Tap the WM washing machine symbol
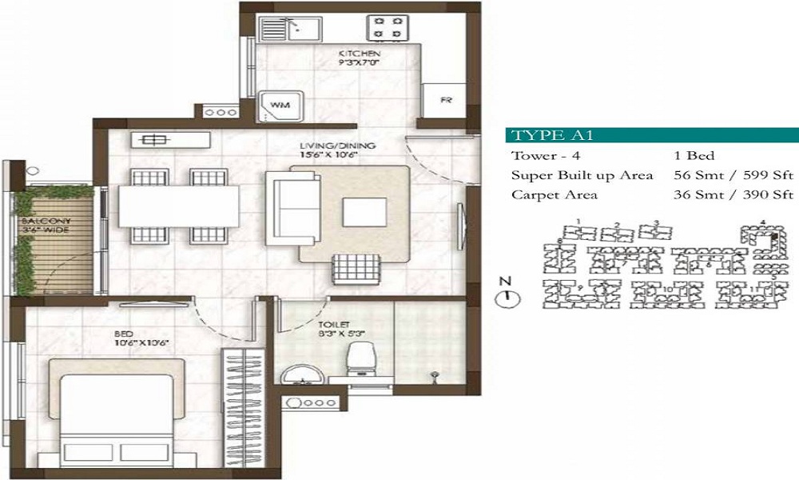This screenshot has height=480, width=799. pyautogui.click(x=280, y=105)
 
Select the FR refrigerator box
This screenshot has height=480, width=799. pyautogui.click(x=445, y=101)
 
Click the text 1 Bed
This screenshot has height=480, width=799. pyautogui.click(x=693, y=156)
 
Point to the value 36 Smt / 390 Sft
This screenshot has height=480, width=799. pyautogui.click(x=733, y=194)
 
